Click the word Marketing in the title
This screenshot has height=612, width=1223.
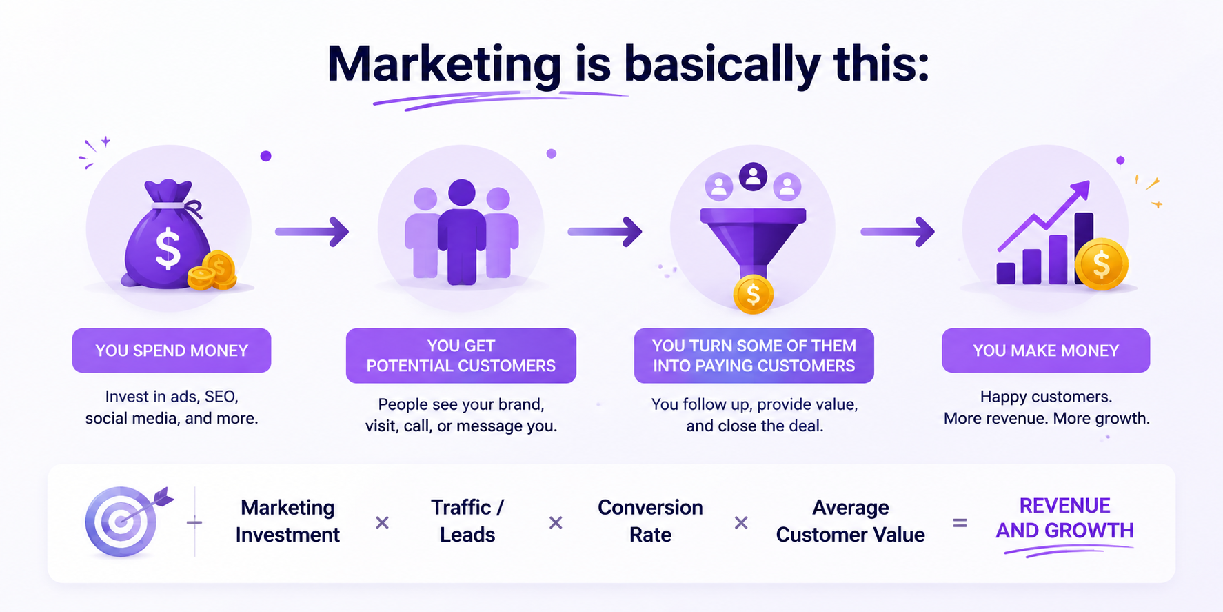(x=444, y=65)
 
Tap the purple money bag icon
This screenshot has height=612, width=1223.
(x=167, y=235)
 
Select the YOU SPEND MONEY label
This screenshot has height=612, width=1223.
(x=172, y=351)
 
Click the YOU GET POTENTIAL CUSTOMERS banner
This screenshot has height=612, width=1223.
(x=461, y=355)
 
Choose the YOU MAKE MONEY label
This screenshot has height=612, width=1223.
(x=1046, y=351)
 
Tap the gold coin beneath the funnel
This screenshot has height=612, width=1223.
(x=754, y=295)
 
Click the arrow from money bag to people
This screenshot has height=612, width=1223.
(x=312, y=232)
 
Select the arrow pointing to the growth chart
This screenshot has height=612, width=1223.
(x=897, y=232)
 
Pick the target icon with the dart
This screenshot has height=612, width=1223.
(x=127, y=521)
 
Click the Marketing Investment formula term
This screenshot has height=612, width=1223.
(x=287, y=521)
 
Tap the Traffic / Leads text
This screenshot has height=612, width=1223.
(x=467, y=521)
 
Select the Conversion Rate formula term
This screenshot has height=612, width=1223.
(x=650, y=521)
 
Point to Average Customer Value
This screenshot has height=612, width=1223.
(x=850, y=521)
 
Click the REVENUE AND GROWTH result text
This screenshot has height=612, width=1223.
(x=1064, y=518)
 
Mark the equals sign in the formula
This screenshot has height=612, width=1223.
(x=960, y=523)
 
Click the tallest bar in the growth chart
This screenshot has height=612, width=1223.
(x=1083, y=247)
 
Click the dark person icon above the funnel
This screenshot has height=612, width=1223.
(x=753, y=177)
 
